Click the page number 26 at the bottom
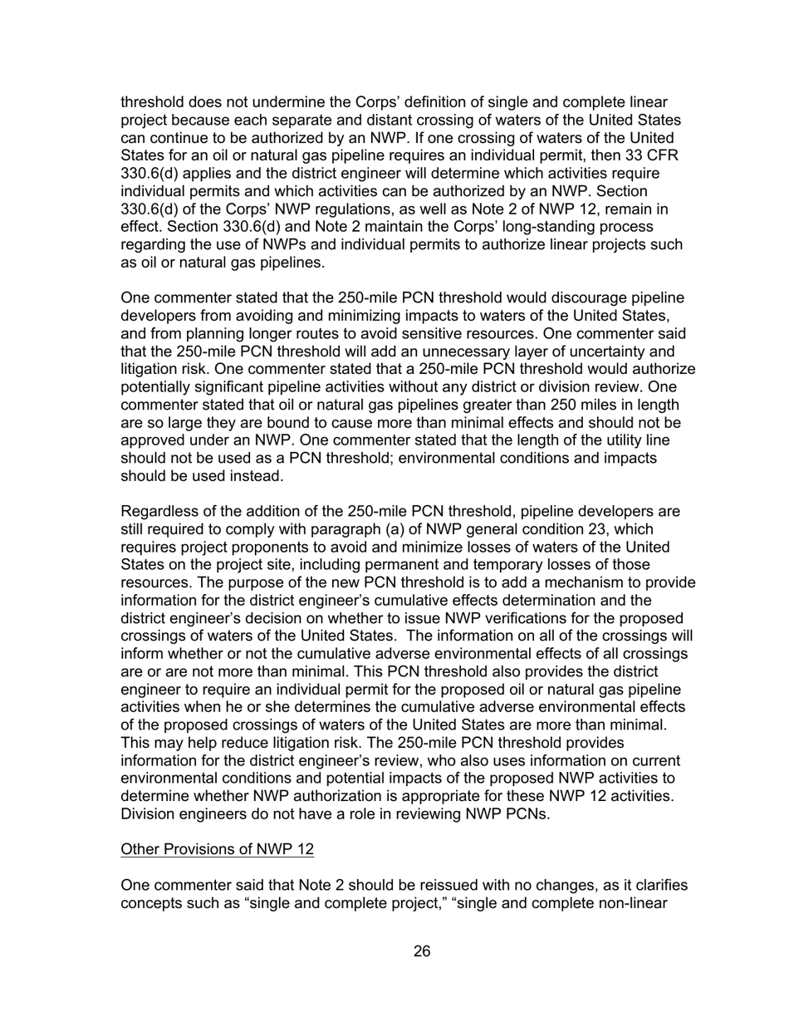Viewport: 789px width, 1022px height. (x=422, y=951)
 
